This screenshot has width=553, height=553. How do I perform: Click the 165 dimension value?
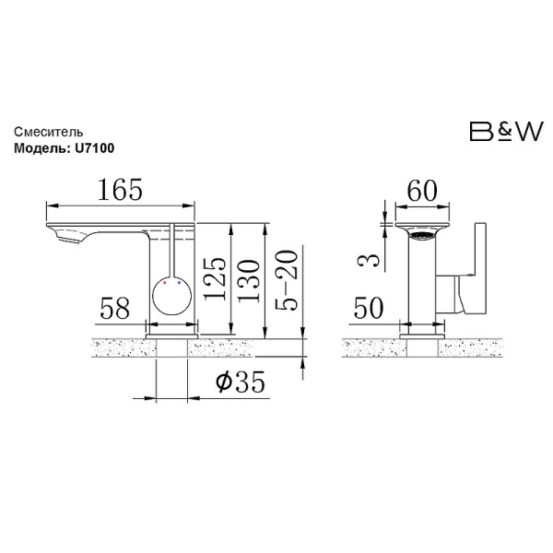(120, 189)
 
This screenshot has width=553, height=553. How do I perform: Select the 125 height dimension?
(216, 278)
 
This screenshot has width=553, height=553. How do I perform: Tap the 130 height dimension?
(250, 281)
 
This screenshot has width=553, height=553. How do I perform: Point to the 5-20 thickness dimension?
(286, 280)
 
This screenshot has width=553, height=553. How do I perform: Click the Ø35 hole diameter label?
(241, 382)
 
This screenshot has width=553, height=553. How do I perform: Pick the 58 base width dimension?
(115, 308)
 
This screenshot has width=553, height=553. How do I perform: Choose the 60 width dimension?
(422, 190)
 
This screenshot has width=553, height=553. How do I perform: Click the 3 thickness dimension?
(369, 260)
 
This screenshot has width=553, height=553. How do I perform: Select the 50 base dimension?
(368, 308)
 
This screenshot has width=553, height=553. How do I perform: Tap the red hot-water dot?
(165, 283)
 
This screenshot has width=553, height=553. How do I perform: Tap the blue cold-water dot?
(179, 283)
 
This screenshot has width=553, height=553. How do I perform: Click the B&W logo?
(506, 131)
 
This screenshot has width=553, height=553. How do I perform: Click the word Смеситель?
(49, 132)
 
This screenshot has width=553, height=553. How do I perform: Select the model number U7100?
(95, 148)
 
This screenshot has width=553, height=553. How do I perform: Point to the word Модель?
(41, 148)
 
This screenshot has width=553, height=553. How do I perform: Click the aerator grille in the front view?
(422, 235)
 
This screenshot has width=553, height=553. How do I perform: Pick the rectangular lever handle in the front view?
(480, 267)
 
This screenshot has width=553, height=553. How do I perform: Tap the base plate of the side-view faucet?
(171, 336)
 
